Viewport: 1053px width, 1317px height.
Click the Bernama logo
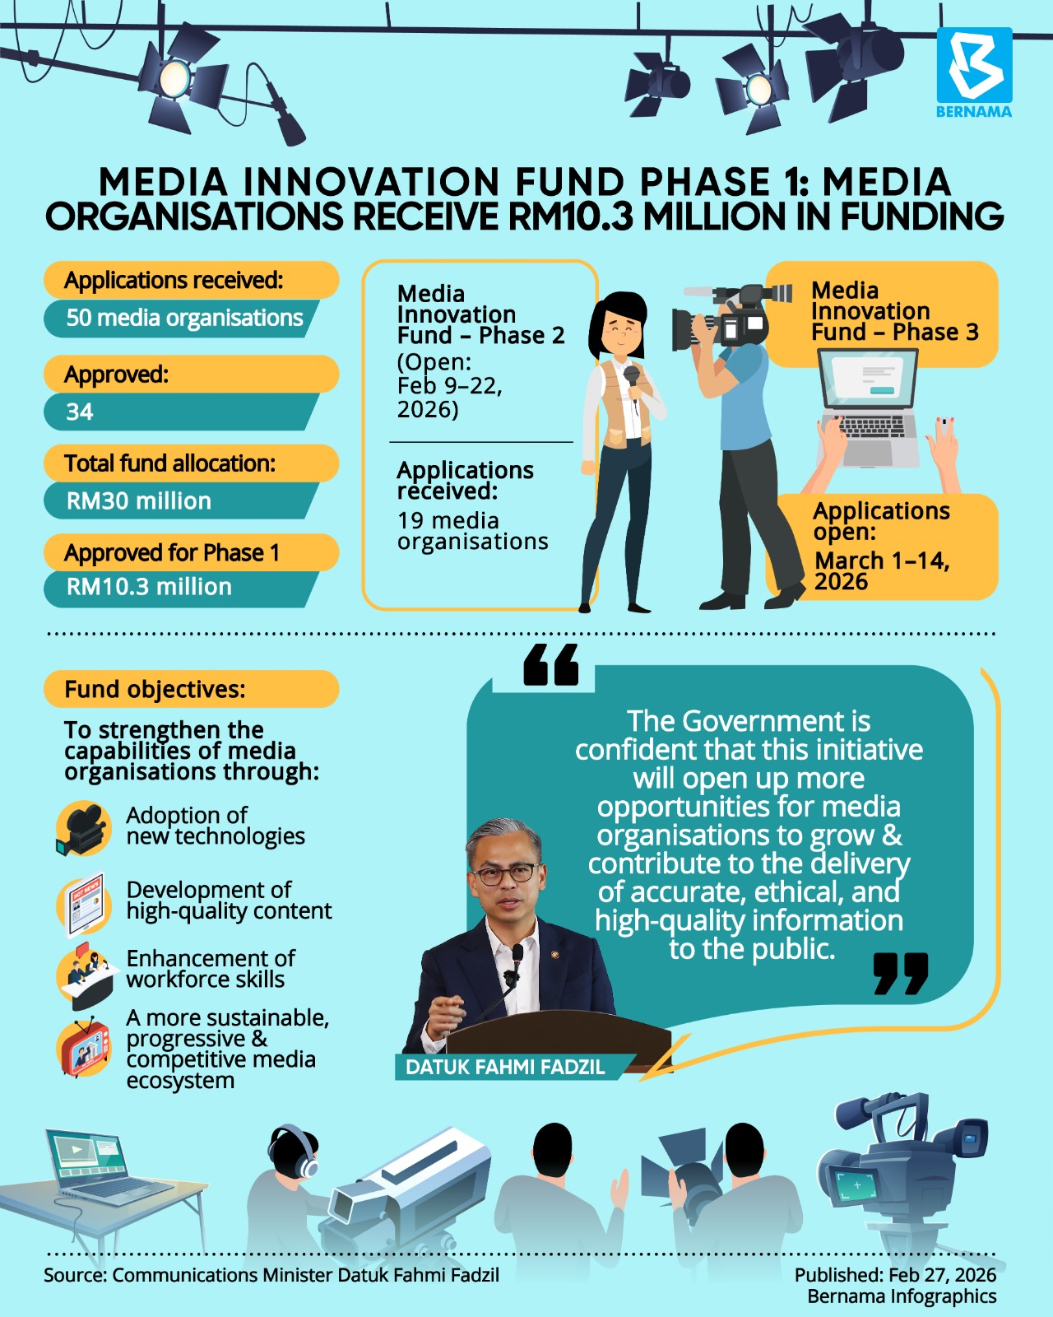coord(974,72)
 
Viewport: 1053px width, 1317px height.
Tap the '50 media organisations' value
coord(184,318)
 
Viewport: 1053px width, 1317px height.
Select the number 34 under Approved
coord(80,412)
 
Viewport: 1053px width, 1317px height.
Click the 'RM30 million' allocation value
coord(139,500)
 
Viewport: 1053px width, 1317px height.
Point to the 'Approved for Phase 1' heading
coord(172,552)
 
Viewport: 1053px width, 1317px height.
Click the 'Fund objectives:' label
coord(155,689)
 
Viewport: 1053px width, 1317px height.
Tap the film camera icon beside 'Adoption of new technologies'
coord(83,828)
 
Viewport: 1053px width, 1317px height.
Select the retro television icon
coord(84,1049)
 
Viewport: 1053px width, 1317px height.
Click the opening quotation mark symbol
coord(550,664)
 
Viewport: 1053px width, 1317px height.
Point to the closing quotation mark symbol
coord(901,973)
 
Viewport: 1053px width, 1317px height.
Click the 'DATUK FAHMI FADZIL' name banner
coord(505,1068)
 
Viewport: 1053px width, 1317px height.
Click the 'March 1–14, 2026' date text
coord(882,570)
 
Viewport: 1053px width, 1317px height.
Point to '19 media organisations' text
coord(472,531)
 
